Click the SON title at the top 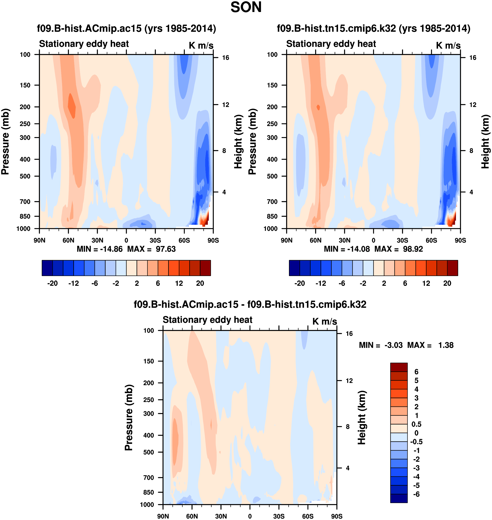click(246, 7)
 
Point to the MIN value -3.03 click(393, 345)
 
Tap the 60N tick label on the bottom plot click(192, 516)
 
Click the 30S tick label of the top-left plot click(155, 240)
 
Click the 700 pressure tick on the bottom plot click(149, 477)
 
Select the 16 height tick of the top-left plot click(225, 58)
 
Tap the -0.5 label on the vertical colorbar click(416, 442)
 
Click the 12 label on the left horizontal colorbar click(179, 283)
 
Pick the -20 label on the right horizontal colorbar click(299, 283)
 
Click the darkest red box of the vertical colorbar click(399, 367)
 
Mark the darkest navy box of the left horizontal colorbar click(47, 268)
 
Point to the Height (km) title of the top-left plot click(238, 142)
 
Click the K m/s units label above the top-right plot click(448, 45)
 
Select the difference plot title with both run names click(250, 304)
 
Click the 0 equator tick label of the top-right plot click(373, 240)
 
